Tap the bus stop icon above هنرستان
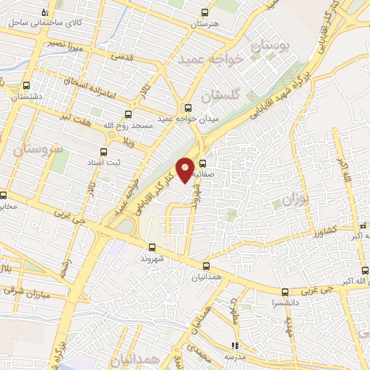[205, 13]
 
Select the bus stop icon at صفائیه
[202, 163]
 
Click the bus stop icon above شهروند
[150, 247]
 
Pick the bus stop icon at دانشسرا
[284, 293]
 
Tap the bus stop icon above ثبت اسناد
[103, 152]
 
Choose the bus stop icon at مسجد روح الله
[128, 114]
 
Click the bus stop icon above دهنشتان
[26, 85]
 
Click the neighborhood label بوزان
[294, 199]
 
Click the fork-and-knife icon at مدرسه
[233, 345]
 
